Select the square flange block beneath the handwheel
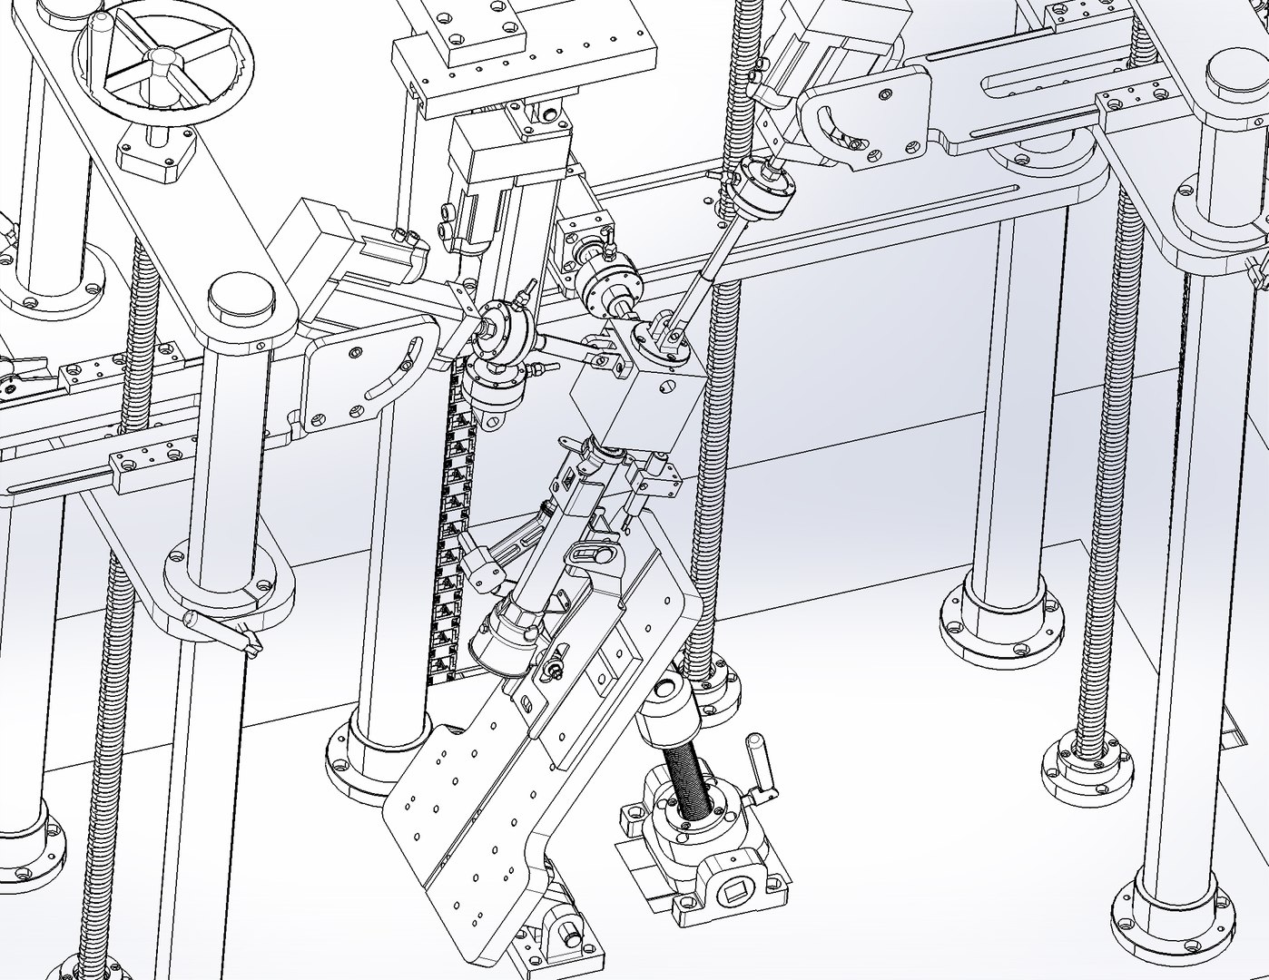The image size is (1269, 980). click(x=160, y=152)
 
